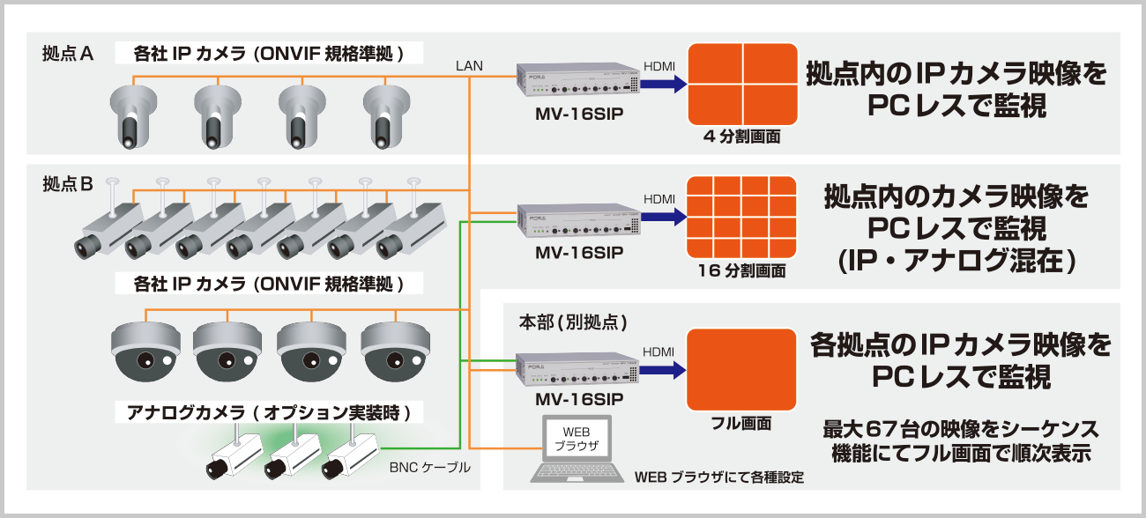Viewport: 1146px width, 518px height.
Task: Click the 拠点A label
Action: pyautogui.click(x=68, y=54)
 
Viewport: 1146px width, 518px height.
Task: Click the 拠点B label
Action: pyautogui.click(x=68, y=185)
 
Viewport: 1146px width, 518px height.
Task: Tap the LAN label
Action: pyautogui.click(x=469, y=66)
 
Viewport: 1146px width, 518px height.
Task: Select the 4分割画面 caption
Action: pyautogui.click(x=741, y=137)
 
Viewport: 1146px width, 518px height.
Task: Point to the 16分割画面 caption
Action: pyautogui.click(x=741, y=270)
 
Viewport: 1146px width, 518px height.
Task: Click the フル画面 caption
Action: pyautogui.click(x=741, y=424)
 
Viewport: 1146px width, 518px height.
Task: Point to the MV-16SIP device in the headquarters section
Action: pyautogui.click(x=578, y=368)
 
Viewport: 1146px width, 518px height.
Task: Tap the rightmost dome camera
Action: pyautogui.click(x=394, y=350)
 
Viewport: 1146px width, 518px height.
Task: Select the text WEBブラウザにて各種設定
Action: pyautogui.click(x=719, y=478)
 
